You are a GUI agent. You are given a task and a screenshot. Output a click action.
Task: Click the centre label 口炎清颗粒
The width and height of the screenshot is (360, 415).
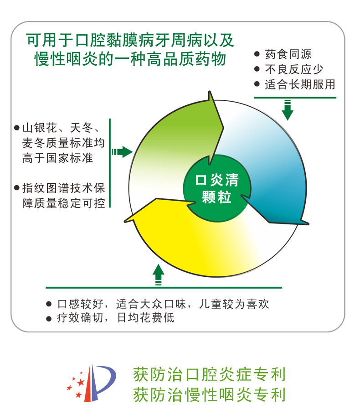click(217, 188)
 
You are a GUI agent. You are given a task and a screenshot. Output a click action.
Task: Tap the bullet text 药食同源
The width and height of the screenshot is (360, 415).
click(288, 54)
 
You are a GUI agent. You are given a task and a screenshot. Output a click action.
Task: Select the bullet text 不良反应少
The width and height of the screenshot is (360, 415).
click(294, 69)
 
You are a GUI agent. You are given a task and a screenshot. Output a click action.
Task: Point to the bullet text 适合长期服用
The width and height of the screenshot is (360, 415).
click(300, 84)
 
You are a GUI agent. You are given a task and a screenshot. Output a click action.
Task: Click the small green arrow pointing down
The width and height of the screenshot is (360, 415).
click(287, 110)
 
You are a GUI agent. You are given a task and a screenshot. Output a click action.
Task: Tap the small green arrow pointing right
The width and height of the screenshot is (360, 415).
click(122, 152)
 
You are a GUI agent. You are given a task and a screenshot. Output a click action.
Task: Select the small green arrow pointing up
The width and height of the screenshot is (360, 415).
click(158, 275)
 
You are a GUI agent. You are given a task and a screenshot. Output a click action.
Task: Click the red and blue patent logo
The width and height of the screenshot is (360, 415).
click(92, 383)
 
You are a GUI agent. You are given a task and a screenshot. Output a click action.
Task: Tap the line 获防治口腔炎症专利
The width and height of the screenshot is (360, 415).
click(210, 374)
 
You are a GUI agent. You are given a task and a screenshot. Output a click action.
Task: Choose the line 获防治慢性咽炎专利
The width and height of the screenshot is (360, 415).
click(210, 394)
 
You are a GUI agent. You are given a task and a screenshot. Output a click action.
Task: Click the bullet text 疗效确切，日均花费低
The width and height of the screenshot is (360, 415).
click(116, 318)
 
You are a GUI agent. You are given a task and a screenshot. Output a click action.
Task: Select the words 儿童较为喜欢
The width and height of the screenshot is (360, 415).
click(234, 304)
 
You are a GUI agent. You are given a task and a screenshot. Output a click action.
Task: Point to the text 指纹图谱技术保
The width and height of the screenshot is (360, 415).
click(63, 188)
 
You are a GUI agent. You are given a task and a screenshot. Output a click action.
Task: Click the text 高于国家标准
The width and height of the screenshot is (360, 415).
click(58, 158)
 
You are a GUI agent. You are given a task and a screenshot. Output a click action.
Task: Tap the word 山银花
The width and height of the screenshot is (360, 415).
click(40, 128)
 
